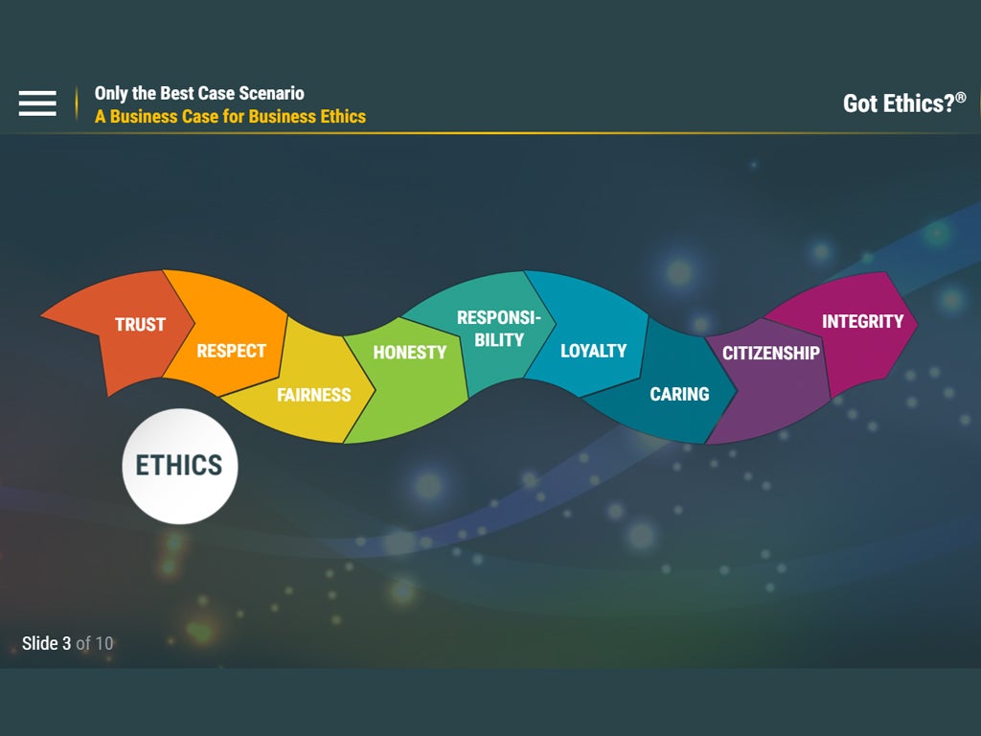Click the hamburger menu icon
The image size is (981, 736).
pos(37,103)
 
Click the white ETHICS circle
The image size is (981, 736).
pos(179,467)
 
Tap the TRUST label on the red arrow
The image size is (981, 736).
pos(140,324)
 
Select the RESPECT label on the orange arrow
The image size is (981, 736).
pos(232,351)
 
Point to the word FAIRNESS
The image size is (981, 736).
pos(314,395)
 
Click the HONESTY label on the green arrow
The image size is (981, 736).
pos(410,353)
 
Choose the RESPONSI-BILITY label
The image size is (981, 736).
pos(498,329)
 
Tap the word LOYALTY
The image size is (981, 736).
pos(594,351)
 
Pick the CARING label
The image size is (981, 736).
pos(679,394)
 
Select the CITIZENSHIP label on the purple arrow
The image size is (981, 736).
pos(771,353)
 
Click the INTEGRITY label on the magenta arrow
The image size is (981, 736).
pos(863,322)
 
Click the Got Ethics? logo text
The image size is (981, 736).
pos(899,103)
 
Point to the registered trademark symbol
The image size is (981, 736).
pos(961,98)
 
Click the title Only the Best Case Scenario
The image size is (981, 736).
pos(199,93)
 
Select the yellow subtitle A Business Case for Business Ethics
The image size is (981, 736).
pos(230,116)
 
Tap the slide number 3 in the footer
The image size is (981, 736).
pos(66,643)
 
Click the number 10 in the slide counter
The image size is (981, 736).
pos(104,643)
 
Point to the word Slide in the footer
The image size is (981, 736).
pos(40,643)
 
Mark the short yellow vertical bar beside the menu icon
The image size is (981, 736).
pos(77,103)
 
